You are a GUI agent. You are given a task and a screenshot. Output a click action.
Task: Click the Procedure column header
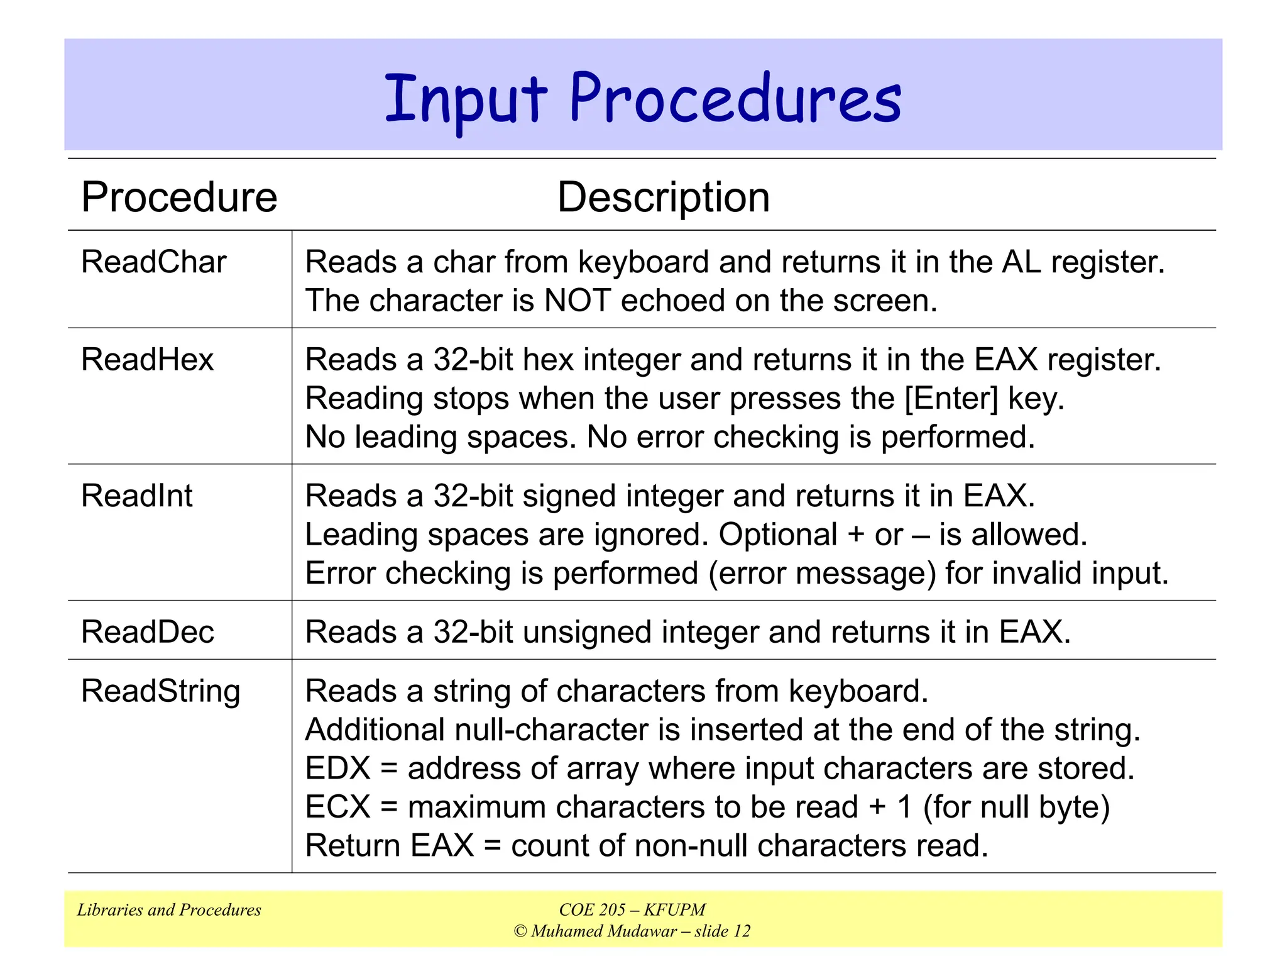179,197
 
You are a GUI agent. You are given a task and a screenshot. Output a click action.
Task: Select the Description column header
663,197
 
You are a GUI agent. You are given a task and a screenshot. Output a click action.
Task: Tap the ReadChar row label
153,262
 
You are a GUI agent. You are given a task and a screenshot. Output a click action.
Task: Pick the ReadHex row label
147,360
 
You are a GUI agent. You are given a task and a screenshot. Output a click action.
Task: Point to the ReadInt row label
136,496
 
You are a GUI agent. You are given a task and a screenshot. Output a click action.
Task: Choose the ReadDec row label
147,631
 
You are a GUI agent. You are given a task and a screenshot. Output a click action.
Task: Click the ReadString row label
160,692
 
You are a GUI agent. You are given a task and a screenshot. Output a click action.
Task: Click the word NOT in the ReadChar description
577,301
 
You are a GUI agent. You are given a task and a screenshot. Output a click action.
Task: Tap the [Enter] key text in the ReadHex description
951,399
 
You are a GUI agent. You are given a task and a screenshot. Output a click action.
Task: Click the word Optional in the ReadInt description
777,535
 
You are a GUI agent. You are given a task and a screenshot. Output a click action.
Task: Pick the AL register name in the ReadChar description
1021,262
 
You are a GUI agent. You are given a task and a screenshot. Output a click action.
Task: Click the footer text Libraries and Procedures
168,910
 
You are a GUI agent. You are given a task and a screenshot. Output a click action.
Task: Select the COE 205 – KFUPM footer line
632,910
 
